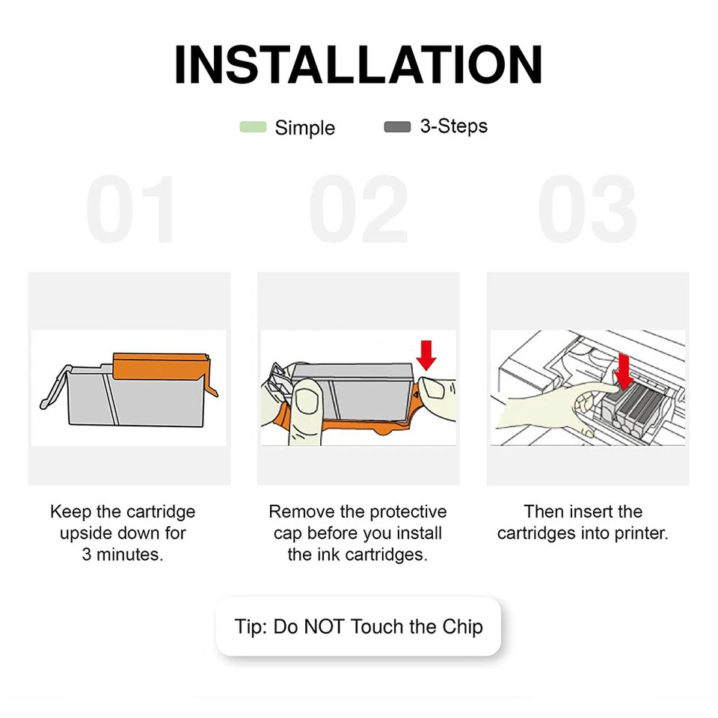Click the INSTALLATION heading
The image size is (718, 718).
358,64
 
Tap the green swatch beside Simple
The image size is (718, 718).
253,127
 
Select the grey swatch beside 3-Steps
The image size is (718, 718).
397,126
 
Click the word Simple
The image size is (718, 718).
304,128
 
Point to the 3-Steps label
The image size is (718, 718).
454,126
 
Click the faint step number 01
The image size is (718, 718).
130,209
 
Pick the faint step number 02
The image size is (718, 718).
358,209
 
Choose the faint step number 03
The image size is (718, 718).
588,209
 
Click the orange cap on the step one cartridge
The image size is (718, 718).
162,367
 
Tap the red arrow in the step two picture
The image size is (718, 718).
426,355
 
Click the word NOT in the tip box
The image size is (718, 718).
324,627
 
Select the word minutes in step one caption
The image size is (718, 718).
130,554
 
